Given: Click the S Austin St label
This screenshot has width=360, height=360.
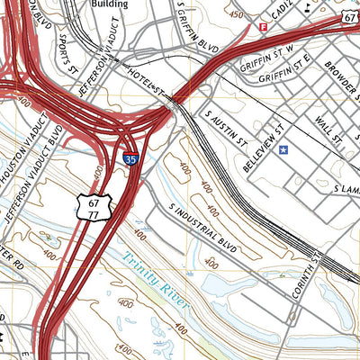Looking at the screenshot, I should [225, 127].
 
